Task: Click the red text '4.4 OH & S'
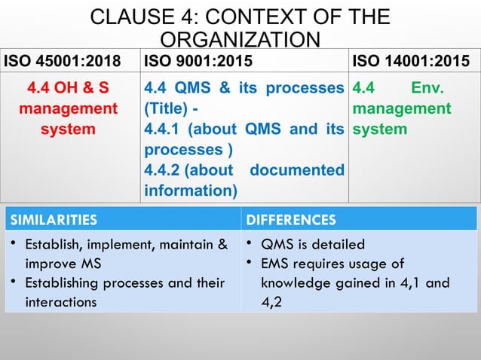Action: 68,90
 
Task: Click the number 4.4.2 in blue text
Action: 165,170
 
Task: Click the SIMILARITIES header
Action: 53,221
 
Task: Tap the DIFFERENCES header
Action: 291,221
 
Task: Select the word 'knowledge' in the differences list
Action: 299,283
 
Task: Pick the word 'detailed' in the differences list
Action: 339,244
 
